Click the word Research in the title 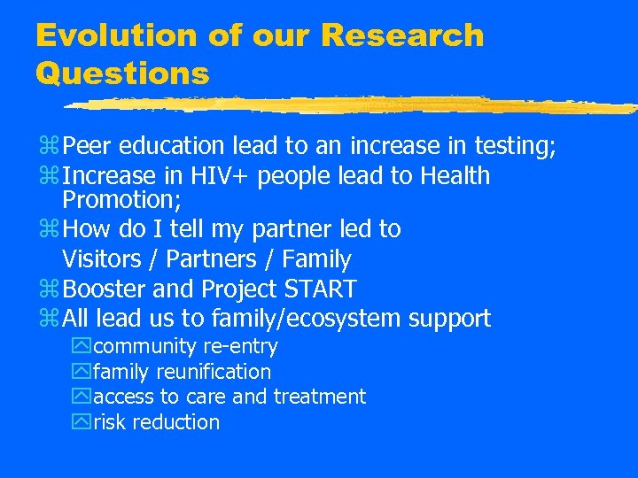[x=402, y=35]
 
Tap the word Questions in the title [x=122, y=73]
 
